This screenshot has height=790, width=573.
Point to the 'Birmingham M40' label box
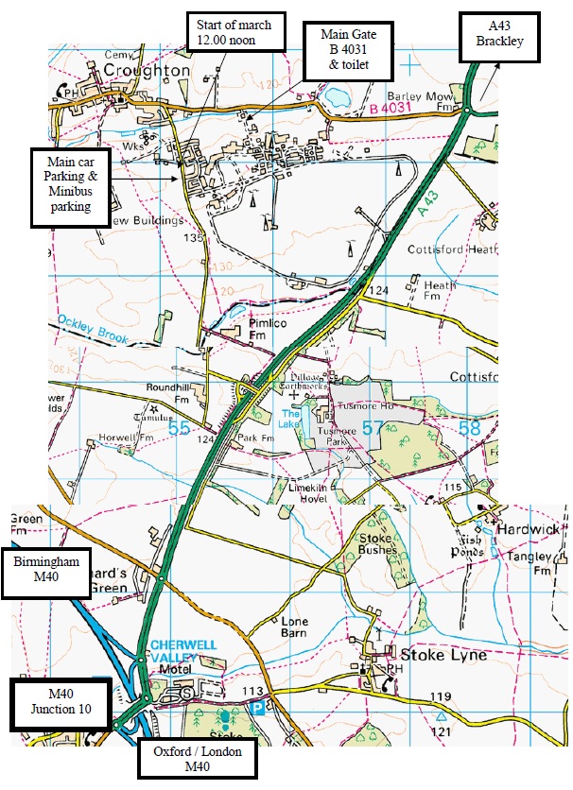click(x=45, y=572)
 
